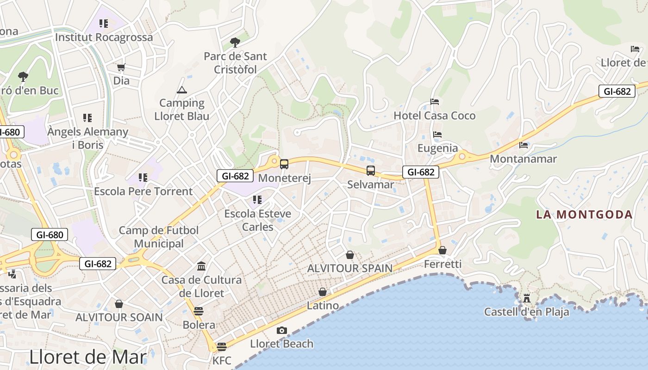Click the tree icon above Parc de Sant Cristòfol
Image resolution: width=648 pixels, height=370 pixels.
[x=235, y=43]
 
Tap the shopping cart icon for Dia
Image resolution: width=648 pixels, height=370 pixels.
[x=121, y=68]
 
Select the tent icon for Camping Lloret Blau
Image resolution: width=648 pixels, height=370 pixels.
[x=181, y=90]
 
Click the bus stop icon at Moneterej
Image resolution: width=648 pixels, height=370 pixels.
[x=284, y=164]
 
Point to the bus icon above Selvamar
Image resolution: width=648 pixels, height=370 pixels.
[x=371, y=171]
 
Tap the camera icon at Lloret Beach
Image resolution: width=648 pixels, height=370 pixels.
[x=281, y=330]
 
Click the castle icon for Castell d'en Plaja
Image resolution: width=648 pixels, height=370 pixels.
[x=526, y=298]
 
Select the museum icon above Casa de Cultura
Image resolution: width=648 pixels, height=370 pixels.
[x=201, y=266]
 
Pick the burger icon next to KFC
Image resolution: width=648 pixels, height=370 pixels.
[x=222, y=347]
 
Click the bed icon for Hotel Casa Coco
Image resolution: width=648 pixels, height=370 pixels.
[x=434, y=102]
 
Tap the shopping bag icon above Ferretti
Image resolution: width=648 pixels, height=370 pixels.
[x=442, y=250]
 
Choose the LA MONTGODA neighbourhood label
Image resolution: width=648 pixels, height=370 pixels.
[x=584, y=215]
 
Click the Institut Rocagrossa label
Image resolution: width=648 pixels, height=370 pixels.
[x=104, y=37]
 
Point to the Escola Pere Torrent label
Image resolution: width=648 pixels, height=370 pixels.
[x=143, y=191]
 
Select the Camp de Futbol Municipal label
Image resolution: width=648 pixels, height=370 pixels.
[x=159, y=237]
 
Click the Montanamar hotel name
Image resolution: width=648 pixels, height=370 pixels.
[x=523, y=159]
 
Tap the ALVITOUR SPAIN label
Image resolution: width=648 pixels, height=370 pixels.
[x=349, y=268]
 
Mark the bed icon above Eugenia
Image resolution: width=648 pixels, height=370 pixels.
[x=437, y=135]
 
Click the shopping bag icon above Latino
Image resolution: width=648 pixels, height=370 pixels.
[x=323, y=292]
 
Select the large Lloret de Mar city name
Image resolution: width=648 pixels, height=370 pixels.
[x=88, y=357]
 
